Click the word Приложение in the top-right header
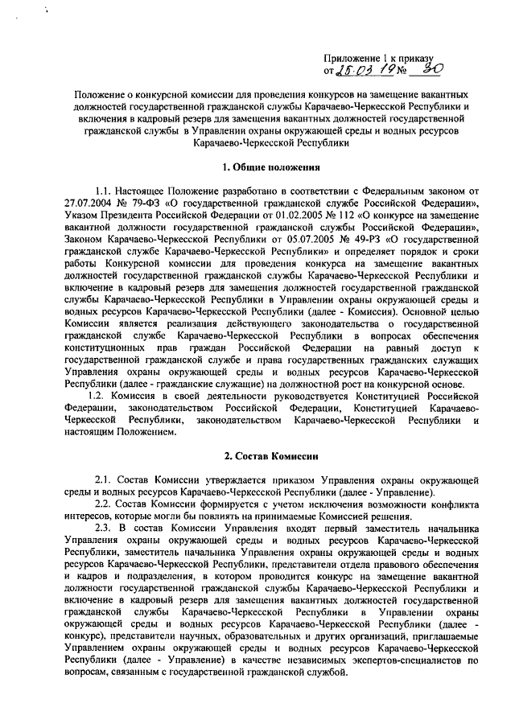pyautogui.click(x=351, y=57)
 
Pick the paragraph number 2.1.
pyautogui.click(x=106, y=480)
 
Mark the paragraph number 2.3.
pyautogui.click(x=106, y=527)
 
